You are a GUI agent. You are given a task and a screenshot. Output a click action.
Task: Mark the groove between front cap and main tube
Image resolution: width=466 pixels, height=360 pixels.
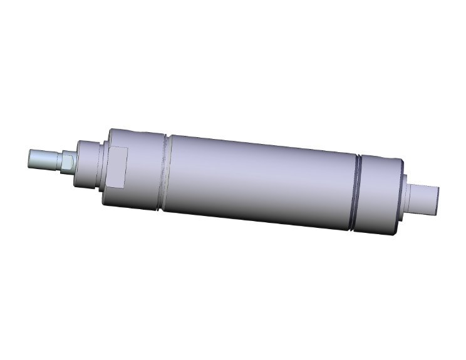tap(167, 173)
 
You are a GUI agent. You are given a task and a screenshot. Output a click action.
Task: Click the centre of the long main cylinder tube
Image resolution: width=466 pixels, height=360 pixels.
tap(260, 182)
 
